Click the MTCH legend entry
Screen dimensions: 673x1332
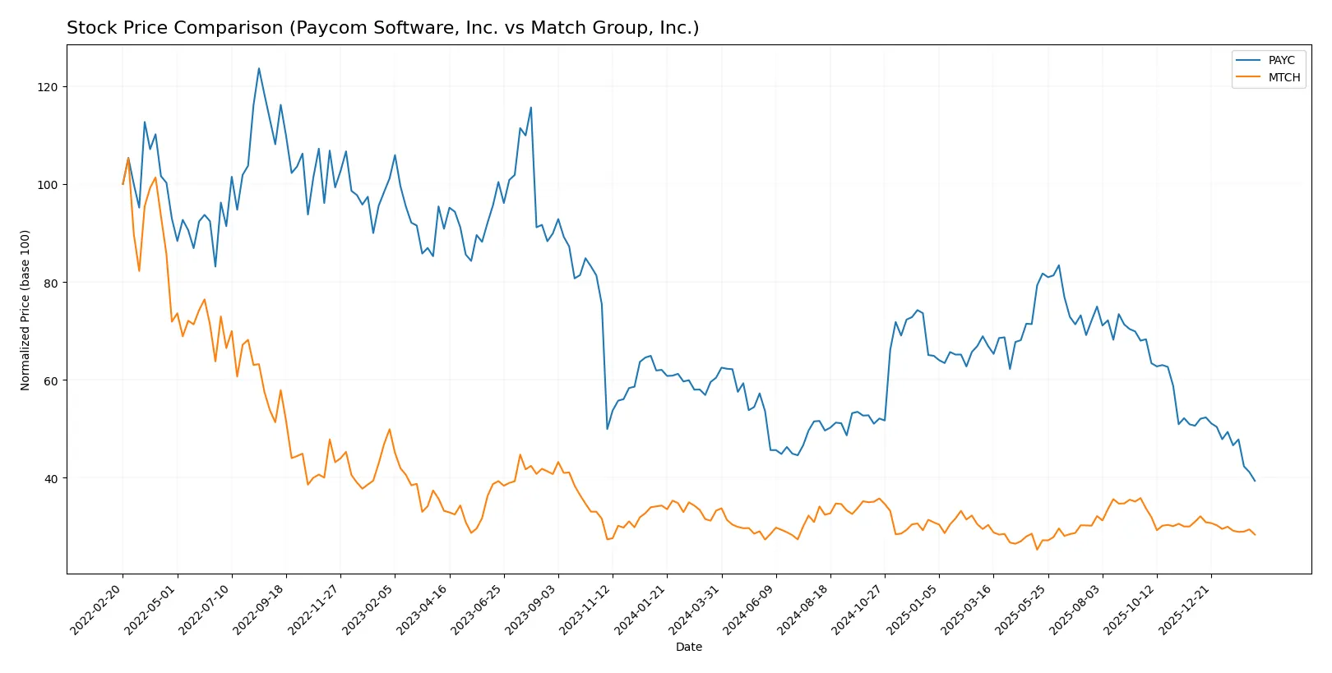point(1283,77)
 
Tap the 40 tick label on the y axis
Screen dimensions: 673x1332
point(51,479)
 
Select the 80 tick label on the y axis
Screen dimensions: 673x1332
point(51,283)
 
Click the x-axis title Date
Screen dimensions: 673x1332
point(688,648)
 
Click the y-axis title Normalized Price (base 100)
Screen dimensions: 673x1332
point(25,310)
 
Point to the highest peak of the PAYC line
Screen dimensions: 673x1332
point(259,68)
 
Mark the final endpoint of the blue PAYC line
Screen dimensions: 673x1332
point(1255,481)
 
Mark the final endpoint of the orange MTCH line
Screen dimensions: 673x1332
point(1255,535)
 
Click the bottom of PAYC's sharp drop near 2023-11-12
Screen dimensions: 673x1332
point(608,429)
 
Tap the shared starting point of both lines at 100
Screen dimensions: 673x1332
point(123,184)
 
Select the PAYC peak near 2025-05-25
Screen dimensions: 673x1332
point(1059,265)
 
